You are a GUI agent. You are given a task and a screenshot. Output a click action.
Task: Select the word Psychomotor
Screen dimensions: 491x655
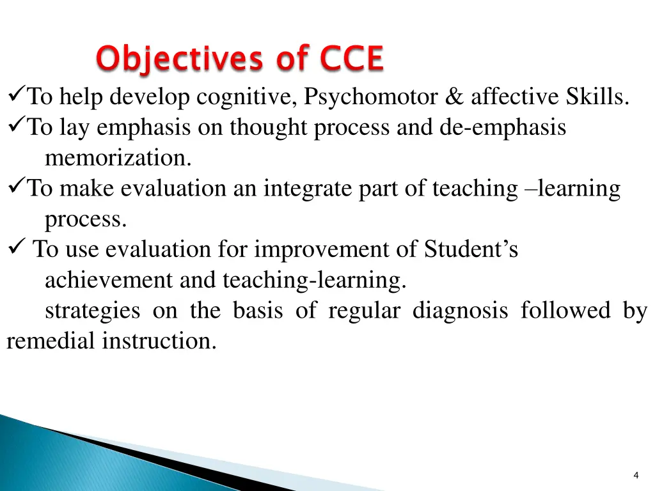(371, 97)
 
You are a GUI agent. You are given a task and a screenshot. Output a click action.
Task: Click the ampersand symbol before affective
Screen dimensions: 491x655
(454, 97)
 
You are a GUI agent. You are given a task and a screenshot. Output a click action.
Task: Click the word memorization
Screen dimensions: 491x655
(118, 158)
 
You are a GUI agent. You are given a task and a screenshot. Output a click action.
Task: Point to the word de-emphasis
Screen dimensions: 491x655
(502, 128)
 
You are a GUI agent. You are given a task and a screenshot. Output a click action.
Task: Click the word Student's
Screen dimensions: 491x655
(471, 249)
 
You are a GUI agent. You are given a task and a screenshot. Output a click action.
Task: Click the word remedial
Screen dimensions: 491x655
(51, 341)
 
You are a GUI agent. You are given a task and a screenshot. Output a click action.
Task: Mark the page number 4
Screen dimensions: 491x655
(635, 475)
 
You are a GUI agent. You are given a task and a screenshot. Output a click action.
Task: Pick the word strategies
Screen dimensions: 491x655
(92, 311)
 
